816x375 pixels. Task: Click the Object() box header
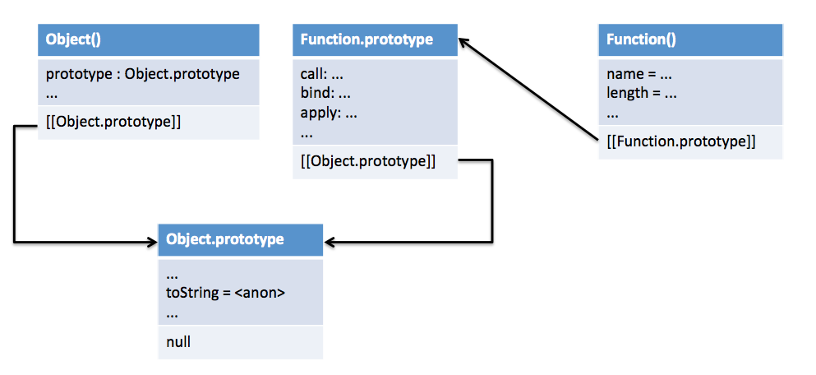[x=148, y=39]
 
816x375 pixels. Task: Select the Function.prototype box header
[x=376, y=39]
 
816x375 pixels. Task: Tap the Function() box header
[x=690, y=39]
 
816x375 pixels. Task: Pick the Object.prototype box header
[x=241, y=239]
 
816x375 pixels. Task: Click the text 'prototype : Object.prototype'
[x=143, y=74]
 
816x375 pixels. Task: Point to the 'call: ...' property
[x=321, y=74]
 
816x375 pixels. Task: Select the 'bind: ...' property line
[x=325, y=93]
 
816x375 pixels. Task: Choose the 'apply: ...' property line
[x=329, y=113]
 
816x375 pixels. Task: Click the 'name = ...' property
[x=639, y=75]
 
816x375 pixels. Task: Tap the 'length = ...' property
[x=641, y=93]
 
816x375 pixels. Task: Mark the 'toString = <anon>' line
[x=226, y=293]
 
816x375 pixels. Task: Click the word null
[x=178, y=342]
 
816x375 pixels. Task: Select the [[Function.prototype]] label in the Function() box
[x=680, y=141]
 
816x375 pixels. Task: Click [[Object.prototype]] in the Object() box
[x=113, y=123]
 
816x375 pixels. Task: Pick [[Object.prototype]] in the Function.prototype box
[x=368, y=162]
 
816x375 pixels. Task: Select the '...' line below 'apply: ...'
[x=307, y=134]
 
